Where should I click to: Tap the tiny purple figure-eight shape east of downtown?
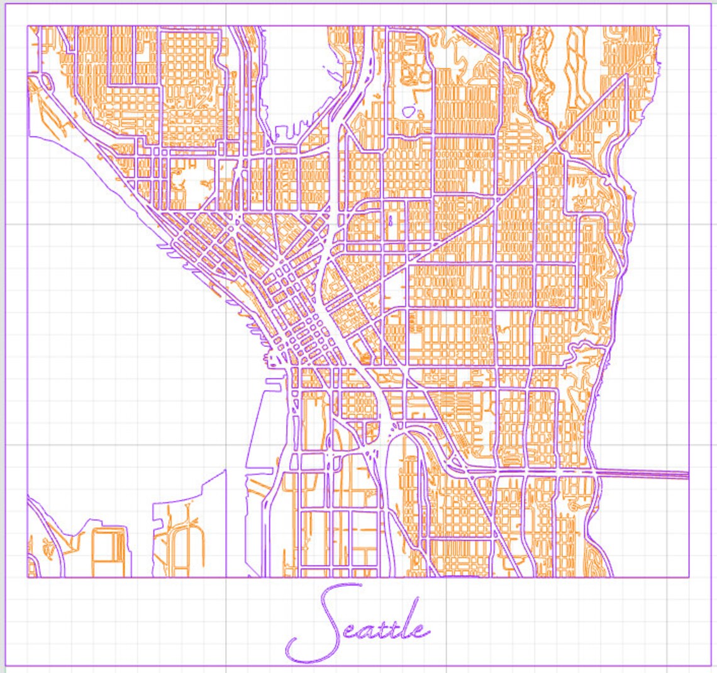tap(390, 221)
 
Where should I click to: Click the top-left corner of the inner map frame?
tap(27, 26)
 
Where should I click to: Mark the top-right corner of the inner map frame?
tap(689, 26)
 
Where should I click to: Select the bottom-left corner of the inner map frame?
tap(27, 577)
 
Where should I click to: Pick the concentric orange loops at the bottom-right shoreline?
tap(575, 504)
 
